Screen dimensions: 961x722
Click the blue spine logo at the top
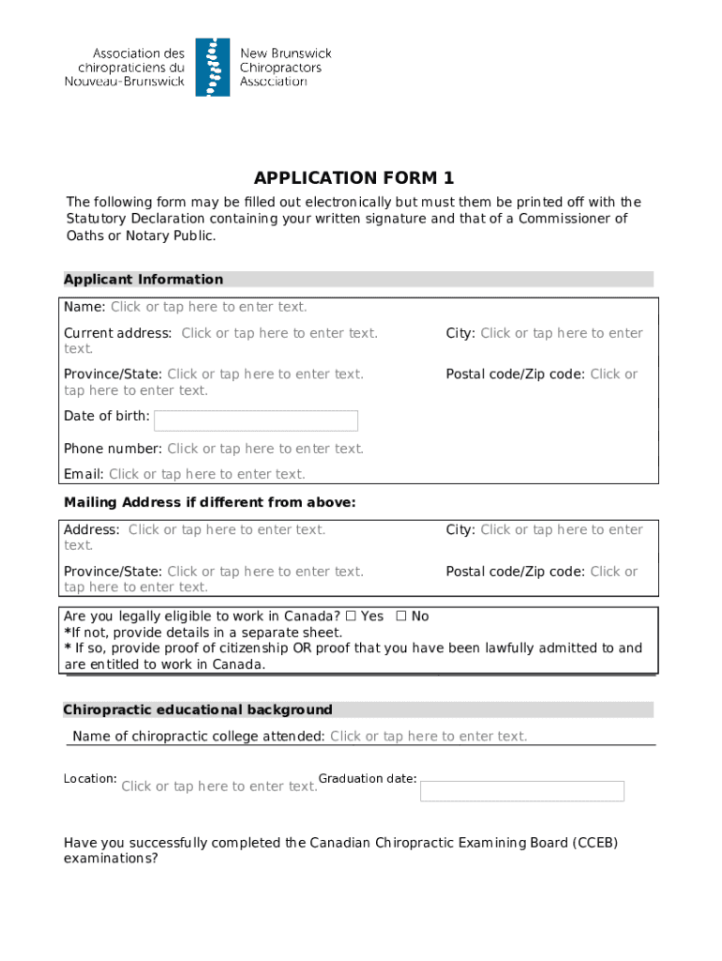pos(212,68)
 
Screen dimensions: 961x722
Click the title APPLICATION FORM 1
pos(353,178)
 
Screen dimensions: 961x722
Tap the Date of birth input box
pos(255,420)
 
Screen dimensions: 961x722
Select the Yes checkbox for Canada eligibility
pos(351,617)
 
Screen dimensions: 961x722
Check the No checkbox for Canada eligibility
pos(401,617)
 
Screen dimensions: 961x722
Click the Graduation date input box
pos(521,791)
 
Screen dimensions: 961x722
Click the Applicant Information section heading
pos(143,280)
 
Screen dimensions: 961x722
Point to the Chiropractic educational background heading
pos(198,709)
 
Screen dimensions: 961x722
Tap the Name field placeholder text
pos(208,307)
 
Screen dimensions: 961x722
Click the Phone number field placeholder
pos(265,449)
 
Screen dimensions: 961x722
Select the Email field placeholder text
pos(206,474)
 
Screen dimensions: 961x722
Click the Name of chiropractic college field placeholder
pos(429,737)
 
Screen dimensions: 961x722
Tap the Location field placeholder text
pos(219,786)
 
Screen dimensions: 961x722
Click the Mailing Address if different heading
pos(209,503)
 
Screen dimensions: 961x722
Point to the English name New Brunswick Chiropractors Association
pos(285,68)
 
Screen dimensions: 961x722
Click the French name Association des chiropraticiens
pos(131,68)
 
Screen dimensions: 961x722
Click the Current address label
pos(117,333)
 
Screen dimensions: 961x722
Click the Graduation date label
pos(368,779)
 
